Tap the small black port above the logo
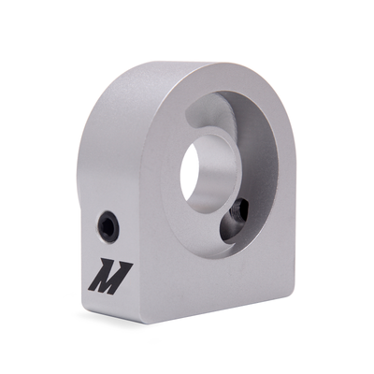[108, 225]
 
